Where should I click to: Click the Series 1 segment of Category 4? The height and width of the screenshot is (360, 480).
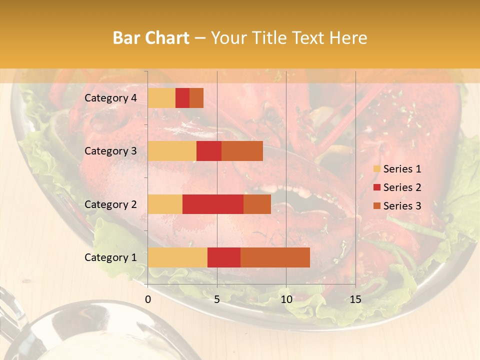click(x=161, y=98)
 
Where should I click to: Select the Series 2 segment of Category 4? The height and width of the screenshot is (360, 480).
click(x=182, y=98)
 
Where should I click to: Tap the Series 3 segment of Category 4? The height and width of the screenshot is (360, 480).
click(x=196, y=98)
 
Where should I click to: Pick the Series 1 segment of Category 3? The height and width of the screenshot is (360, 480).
click(x=172, y=151)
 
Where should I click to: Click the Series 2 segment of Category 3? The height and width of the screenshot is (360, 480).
click(x=209, y=151)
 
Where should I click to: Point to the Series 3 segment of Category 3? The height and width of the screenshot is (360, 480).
click(x=242, y=151)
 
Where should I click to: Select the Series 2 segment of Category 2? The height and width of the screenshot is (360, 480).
click(x=213, y=204)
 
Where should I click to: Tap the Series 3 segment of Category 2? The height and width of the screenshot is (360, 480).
click(x=257, y=204)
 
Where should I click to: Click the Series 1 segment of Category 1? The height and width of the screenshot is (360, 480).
click(x=177, y=257)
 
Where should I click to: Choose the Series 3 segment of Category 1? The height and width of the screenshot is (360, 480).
click(x=275, y=257)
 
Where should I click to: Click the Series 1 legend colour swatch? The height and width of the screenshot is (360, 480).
click(x=376, y=169)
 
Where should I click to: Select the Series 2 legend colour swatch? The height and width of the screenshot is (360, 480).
click(x=376, y=187)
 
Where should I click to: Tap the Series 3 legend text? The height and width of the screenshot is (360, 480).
click(x=402, y=206)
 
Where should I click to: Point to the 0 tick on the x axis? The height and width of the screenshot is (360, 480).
click(x=148, y=299)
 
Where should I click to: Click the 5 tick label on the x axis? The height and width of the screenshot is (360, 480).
click(x=217, y=299)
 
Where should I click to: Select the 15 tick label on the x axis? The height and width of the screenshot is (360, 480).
click(x=355, y=299)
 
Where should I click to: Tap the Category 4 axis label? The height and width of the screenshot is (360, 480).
click(x=110, y=98)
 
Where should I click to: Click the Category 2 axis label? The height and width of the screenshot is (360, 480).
click(x=110, y=204)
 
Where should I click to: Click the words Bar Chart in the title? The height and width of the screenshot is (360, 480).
click(x=151, y=38)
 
